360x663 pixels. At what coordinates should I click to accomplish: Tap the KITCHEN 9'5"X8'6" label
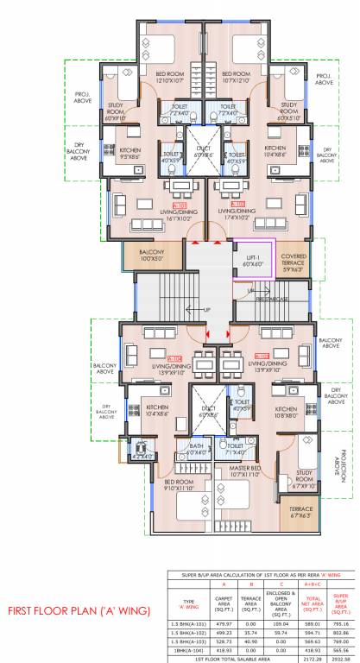click(117, 154)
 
